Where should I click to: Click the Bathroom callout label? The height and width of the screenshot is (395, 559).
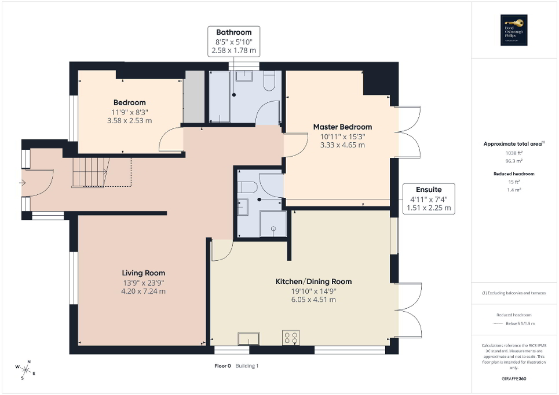(233, 32)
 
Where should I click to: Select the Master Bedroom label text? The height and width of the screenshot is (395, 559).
(342, 127)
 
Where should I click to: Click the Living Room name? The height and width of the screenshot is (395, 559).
(143, 273)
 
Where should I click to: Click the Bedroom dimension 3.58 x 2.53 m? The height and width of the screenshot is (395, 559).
(129, 121)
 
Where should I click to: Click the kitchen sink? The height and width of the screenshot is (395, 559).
(249, 338)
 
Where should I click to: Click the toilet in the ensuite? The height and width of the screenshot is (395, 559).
(246, 187)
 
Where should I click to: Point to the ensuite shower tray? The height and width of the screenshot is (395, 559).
(273, 224)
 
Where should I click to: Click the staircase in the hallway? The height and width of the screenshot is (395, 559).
(90, 172)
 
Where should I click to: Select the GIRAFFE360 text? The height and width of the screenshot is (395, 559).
(514, 378)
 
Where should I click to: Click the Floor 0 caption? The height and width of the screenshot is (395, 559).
(222, 366)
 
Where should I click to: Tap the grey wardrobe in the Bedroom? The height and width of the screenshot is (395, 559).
(194, 96)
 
